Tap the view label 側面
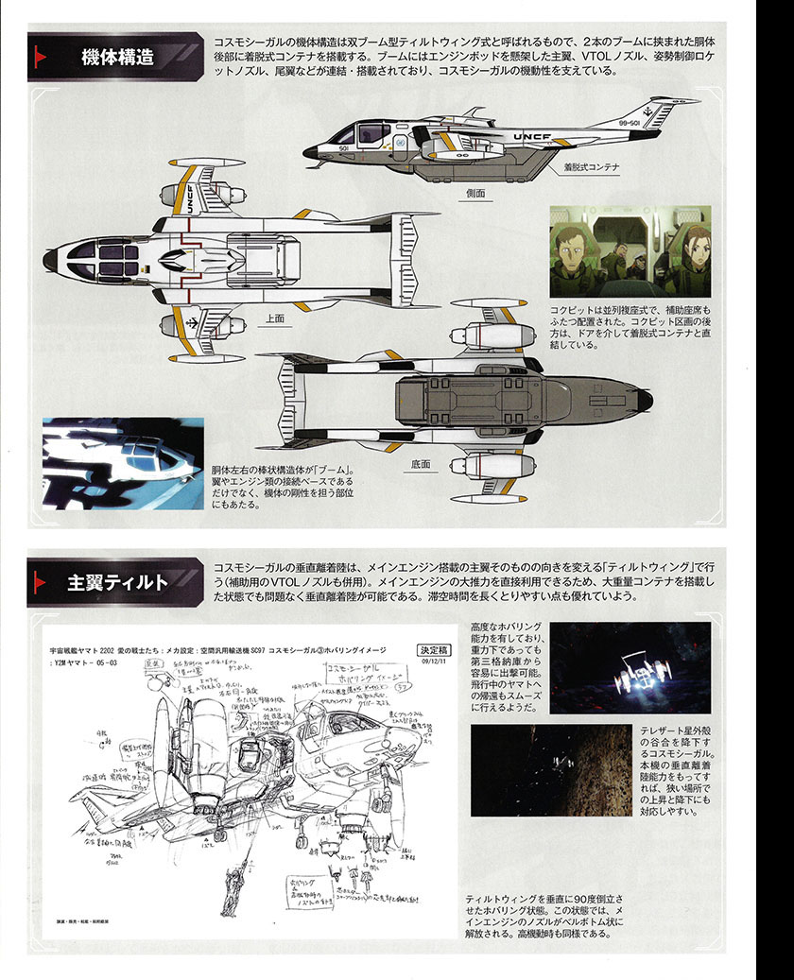coord(475,193)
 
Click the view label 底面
coord(421,464)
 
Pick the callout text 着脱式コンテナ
coord(591,167)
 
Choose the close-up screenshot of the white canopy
coord(123,463)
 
